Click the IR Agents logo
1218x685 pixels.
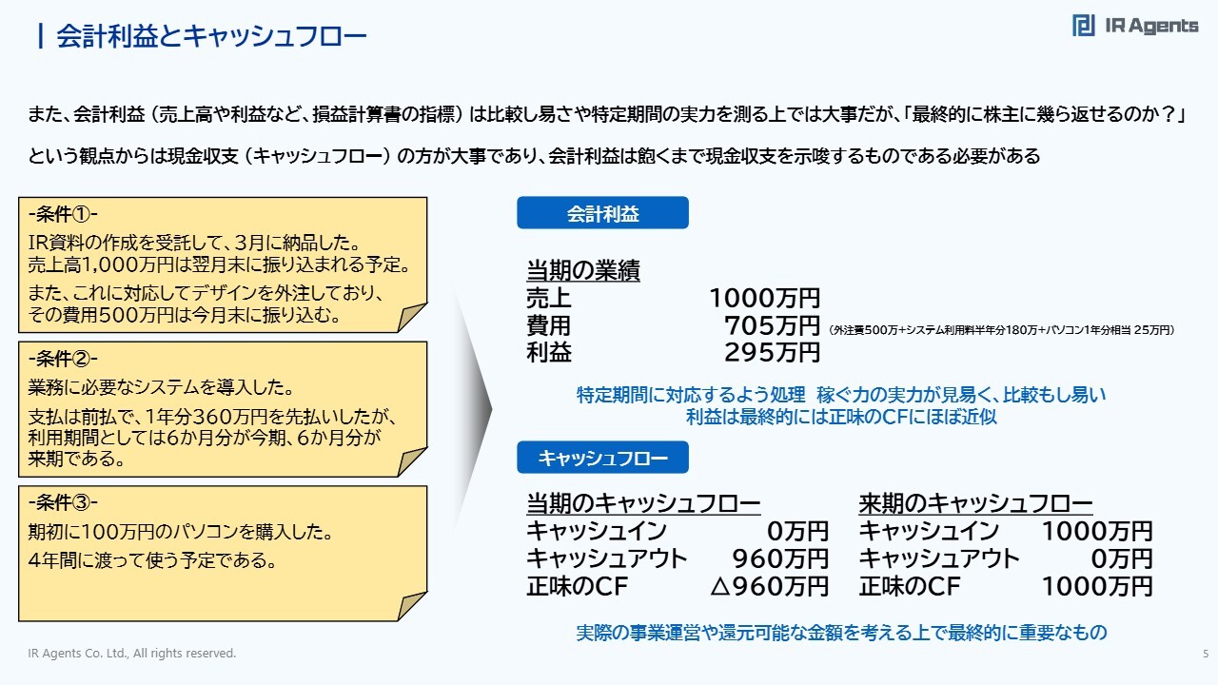point(1135,26)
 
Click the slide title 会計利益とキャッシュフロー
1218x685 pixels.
point(211,36)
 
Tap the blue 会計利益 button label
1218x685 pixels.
point(602,213)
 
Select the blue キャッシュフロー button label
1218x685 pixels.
point(602,458)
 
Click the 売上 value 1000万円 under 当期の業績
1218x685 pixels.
point(764,298)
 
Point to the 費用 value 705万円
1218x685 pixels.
point(772,325)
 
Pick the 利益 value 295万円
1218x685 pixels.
point(772,352)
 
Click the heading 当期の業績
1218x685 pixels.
point(583,270)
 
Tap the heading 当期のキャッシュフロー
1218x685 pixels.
point(643,503)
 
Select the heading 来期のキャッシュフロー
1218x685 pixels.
point(975,503)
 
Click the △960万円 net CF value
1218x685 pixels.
point(770,586)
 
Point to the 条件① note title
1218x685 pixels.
point(63,214)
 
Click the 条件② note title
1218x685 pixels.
point(63,359)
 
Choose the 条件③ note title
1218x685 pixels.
point(63,503)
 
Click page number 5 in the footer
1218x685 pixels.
point(1206,654)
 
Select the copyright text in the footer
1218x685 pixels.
point(132,653)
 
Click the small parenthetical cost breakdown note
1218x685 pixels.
point(1002,330)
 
